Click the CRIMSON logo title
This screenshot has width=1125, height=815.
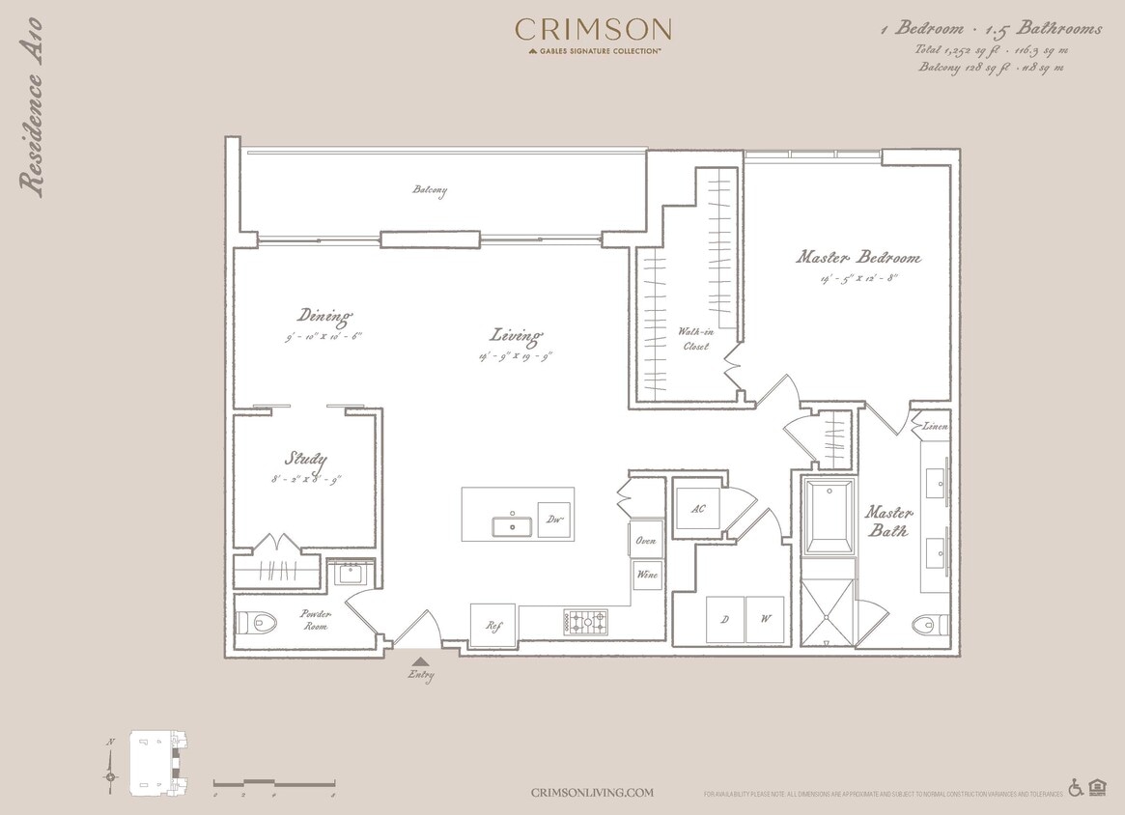[x=593, y=30]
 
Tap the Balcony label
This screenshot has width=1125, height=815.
[x=430, y=190]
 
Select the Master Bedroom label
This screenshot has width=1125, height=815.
[x=858, y=258]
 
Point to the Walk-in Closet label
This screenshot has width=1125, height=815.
[x=693, y=339]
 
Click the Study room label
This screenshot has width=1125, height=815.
[x=305, y=460]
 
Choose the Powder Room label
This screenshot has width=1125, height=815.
[x=315, y=620]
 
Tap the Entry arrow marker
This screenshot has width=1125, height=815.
[x=420, y=661]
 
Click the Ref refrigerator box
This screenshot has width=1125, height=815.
[x=493, y=625]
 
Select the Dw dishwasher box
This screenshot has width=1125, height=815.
[x=553, y=520]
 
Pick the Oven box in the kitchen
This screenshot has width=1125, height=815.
[x=646, y=540]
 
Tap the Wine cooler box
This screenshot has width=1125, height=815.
[x=646, y=575]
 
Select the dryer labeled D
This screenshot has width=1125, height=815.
[x=724, y=619]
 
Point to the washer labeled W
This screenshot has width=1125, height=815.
[x=765, y=619]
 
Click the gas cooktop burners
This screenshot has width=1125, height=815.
[x=585, y=621]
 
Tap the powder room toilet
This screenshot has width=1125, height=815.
[x=258, y=622]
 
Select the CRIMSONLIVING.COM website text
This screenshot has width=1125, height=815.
[x=592, y=793]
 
